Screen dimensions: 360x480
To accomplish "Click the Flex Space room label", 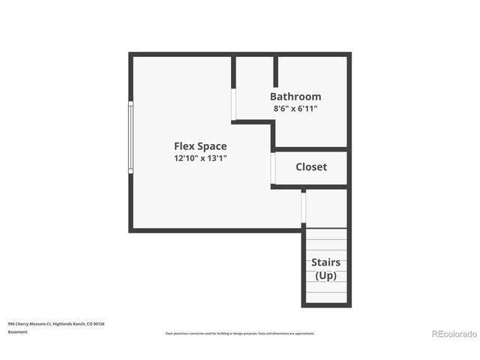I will point(200,146).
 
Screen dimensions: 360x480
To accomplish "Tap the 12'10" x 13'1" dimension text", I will point(200,158).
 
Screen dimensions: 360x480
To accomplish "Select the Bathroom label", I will point(295,97).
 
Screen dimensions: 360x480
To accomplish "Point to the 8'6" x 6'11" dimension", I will point(295,109).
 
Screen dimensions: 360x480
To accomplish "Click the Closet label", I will point(311,166).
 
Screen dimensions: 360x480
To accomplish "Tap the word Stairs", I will point(326,262).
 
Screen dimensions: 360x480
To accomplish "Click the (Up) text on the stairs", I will point(326,275).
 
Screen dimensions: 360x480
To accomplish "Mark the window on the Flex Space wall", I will point(131,137).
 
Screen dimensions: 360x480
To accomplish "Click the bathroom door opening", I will point(234,103).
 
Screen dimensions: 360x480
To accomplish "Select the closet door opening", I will point(274,169).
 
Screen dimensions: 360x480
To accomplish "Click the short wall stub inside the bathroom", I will point(276,71).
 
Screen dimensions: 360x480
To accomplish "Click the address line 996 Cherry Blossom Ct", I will point(56,324).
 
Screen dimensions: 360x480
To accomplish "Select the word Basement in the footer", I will point(18,331).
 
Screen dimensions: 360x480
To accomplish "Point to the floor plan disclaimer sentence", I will point(240,333).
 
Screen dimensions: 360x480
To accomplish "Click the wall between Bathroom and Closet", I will point(311,149).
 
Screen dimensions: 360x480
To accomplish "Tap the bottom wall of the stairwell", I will point(326,304).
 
